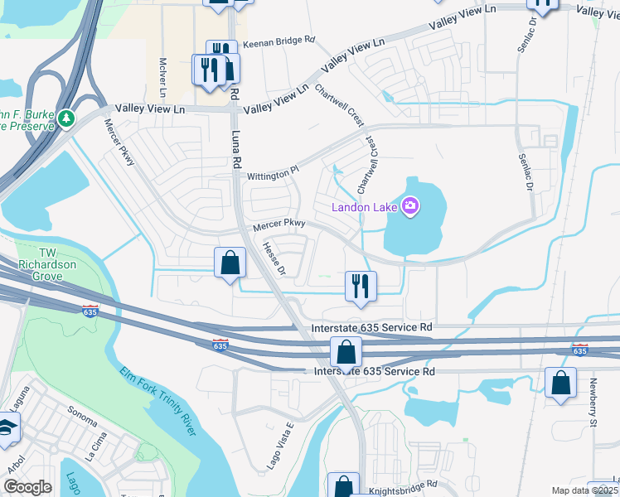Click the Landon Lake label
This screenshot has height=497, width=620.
pos(365,206)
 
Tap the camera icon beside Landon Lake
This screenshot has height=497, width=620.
pos(409,205)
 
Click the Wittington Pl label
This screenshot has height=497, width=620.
pos(273,175)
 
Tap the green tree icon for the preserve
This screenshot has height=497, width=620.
pos(66,121)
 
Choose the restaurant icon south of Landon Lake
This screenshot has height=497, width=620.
pos(361,287)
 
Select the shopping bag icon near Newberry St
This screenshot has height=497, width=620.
pos(561,384)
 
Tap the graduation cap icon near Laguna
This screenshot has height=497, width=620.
pos(7,428)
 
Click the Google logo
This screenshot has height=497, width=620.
pos(28,487)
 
